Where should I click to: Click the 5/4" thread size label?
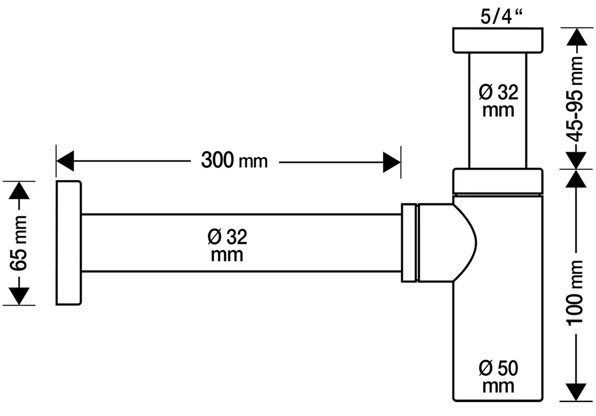tap(501, 17)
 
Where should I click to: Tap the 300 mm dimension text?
tap(234, 160)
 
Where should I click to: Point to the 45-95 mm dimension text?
tap(576, 99)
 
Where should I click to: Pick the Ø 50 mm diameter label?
tap(498, 377)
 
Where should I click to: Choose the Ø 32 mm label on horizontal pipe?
tap(227, 245)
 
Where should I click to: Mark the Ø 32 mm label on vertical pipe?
tap(498, 100)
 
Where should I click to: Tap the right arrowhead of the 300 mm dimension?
tap(392, 162)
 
